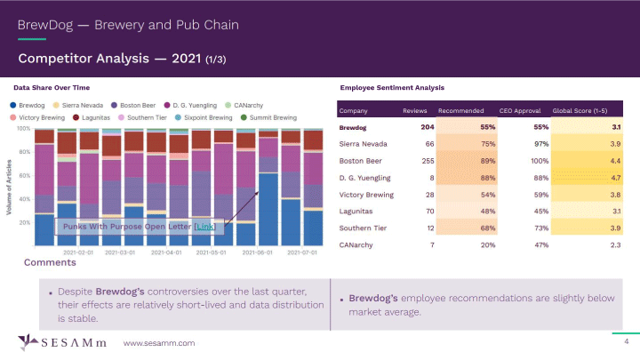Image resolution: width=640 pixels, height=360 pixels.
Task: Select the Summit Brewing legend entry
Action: (x=272, y=117)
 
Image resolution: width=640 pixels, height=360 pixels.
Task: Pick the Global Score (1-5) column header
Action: (x=588, y=111)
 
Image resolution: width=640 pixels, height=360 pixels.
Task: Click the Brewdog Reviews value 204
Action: (x=426, y=128)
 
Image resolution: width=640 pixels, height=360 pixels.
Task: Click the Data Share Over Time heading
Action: (x=52, y=88)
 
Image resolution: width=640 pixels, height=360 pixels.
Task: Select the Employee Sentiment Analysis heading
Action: (x=392, y=88)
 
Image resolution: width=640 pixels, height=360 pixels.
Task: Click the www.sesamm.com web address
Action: (x=158, y=342)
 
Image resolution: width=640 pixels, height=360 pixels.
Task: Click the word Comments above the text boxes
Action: (x=50, y=263)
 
